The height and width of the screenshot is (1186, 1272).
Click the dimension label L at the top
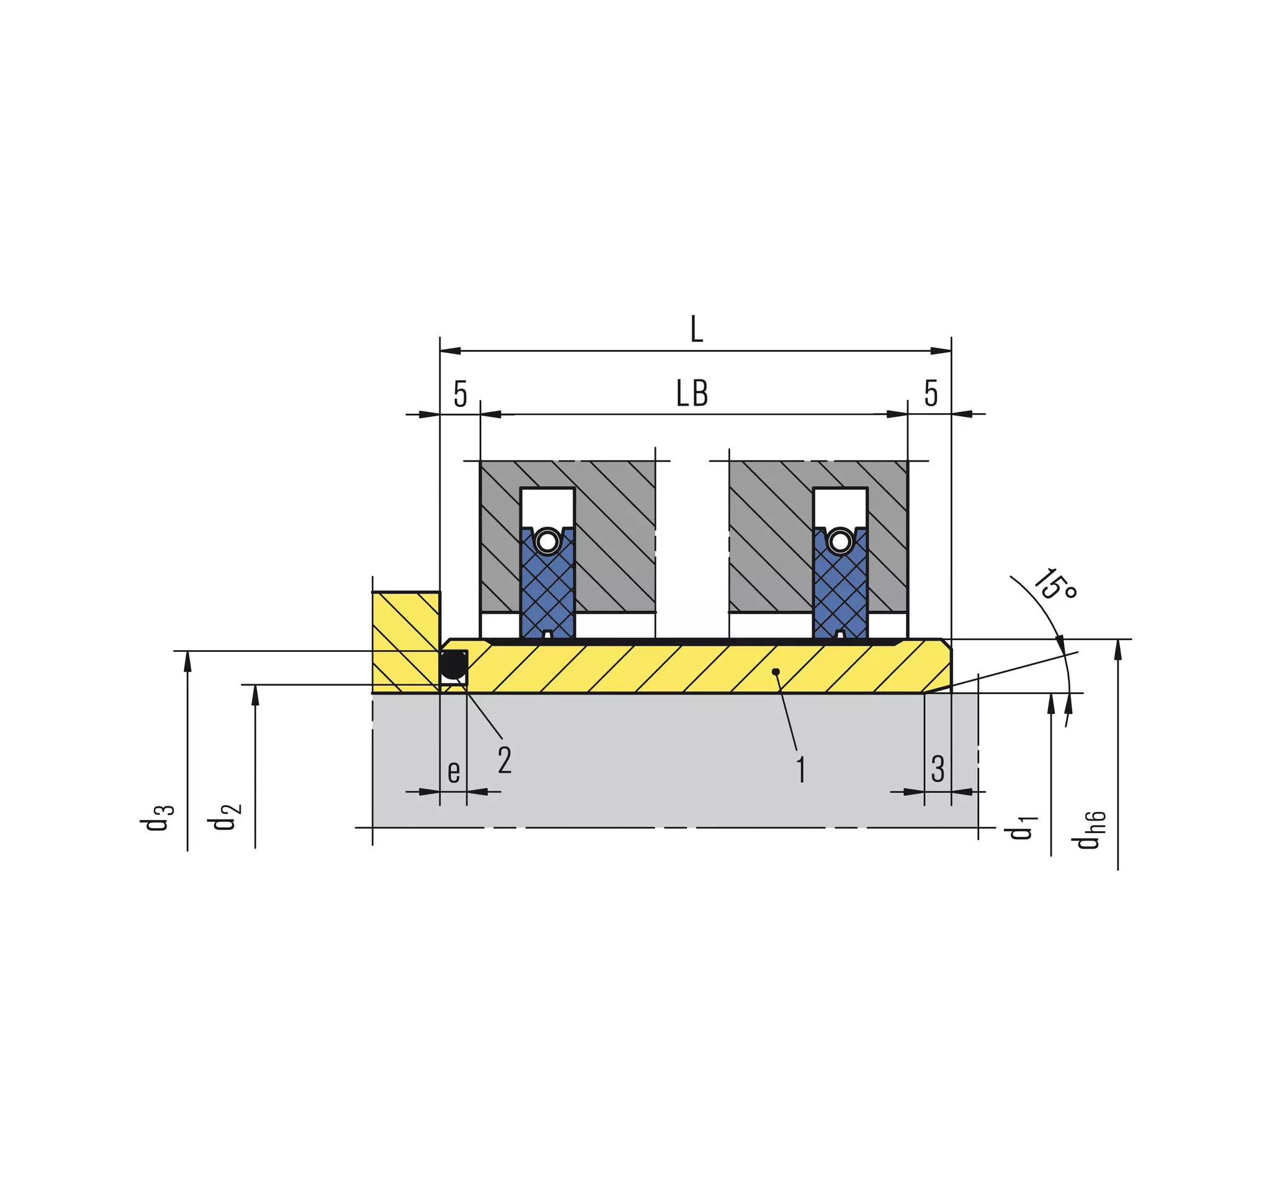pyautogui.click(x=697, y=330)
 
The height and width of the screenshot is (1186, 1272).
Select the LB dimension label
pyautogui.click(x=692, y=393)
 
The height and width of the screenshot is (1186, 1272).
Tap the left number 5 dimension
pyautogui.click(x=460, y=394)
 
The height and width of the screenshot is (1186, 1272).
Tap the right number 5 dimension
pyautogui.click(x=931, y=393)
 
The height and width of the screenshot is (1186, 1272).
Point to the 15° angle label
pyautogui.click(x=1055, y=584)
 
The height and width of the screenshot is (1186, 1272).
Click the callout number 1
pyautogui.click(x=800, y=770)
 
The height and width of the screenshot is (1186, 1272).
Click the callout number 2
pyautogui.click(x=505, y=760)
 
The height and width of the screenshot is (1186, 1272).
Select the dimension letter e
pyautogui.click(x=454, y=772)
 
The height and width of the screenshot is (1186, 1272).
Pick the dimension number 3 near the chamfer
pyautogui.click(x=938, y=769)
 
